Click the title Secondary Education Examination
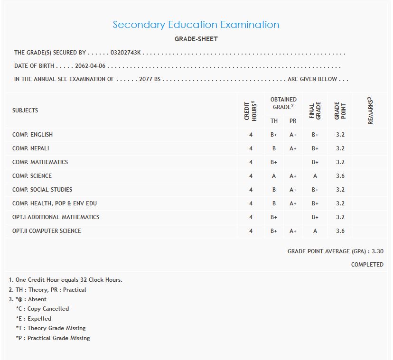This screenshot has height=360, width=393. click(196, 25)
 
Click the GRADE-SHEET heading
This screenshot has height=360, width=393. click(196, 39)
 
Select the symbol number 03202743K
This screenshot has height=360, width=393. click(125, 53)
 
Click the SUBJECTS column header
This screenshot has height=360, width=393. click(25, 111)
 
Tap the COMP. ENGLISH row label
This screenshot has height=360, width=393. click(32, 135)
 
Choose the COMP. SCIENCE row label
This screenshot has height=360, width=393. click(32, 176)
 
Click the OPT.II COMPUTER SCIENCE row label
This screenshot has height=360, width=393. click(47, 231)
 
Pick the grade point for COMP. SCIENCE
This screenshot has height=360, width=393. click(340, 176)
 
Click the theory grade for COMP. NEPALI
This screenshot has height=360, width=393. click(274, 148)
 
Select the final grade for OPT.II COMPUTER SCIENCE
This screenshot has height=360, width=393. click(315, 231)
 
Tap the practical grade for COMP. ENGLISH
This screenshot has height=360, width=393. click(293, 135)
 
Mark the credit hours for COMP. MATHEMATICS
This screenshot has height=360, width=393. click(251, 162)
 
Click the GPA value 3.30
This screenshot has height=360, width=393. click(377, 251)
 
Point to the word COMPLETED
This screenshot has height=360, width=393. click(367, 265)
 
